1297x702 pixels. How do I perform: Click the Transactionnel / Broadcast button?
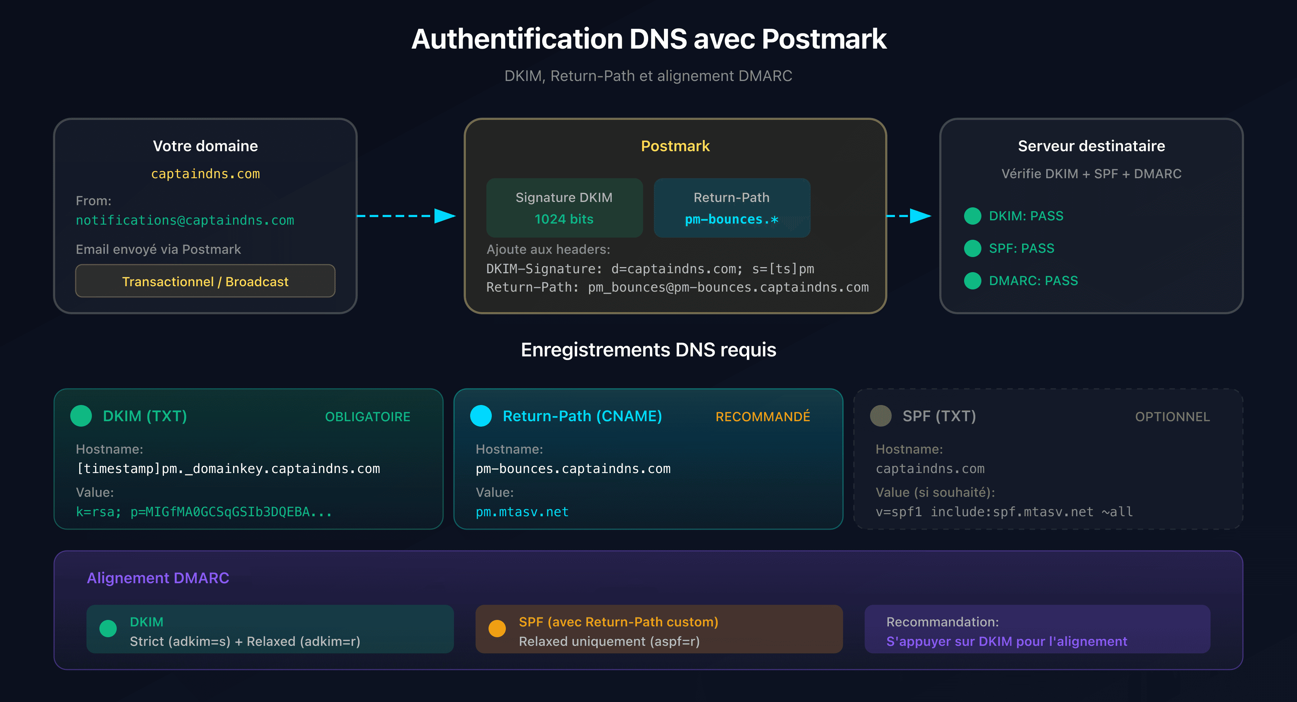[205, 281]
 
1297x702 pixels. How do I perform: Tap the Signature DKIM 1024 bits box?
[564, 208]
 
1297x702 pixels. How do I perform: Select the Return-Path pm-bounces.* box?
[732, 208]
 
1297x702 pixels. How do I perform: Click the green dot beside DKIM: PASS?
[972, 216]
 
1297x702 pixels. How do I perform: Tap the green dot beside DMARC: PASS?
[972, 280]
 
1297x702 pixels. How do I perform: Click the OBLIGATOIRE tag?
[367, 417]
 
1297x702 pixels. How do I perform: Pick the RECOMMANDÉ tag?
[762, 417]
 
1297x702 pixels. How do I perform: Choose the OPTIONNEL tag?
[1172, 417]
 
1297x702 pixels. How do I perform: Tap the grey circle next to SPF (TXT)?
[881, 416]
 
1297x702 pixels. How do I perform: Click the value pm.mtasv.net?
[522, 512]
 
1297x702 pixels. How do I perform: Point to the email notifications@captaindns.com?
[185, 220]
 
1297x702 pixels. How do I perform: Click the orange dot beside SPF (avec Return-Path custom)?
[497, 629]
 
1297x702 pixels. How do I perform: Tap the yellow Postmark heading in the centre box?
[675, 146]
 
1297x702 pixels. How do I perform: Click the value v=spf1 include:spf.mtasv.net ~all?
[1004, 512]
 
